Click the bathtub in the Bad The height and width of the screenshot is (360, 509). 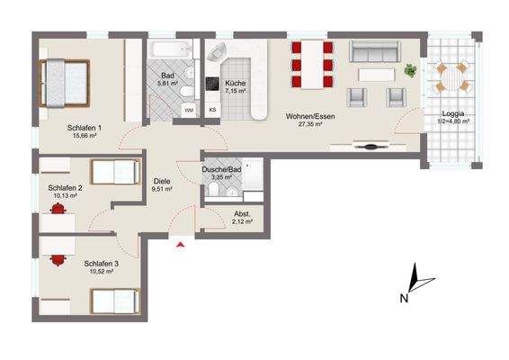(x=170, y=47)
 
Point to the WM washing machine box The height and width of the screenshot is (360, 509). (x=189, y=109)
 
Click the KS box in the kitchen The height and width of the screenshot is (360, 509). (x=213, y=109)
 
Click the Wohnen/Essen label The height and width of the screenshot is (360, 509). (x=307, y=115)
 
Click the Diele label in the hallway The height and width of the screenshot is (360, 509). (x=161, y=179)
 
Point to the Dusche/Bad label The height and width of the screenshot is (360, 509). (x=221, y=169)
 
